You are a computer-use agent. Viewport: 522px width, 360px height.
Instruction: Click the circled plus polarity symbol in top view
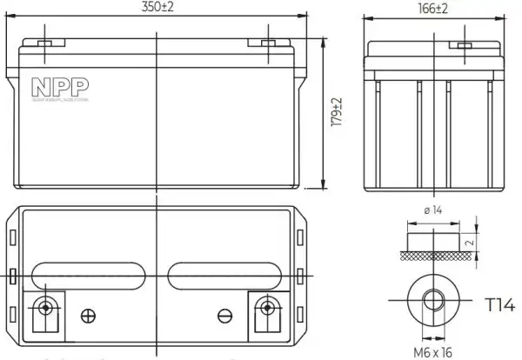click(86, 314)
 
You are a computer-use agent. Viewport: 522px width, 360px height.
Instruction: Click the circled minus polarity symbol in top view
click(224, 314)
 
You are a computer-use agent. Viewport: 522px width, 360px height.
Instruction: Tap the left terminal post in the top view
click(44, 306)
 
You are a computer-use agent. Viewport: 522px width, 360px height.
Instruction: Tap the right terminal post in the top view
click(266, 306)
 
